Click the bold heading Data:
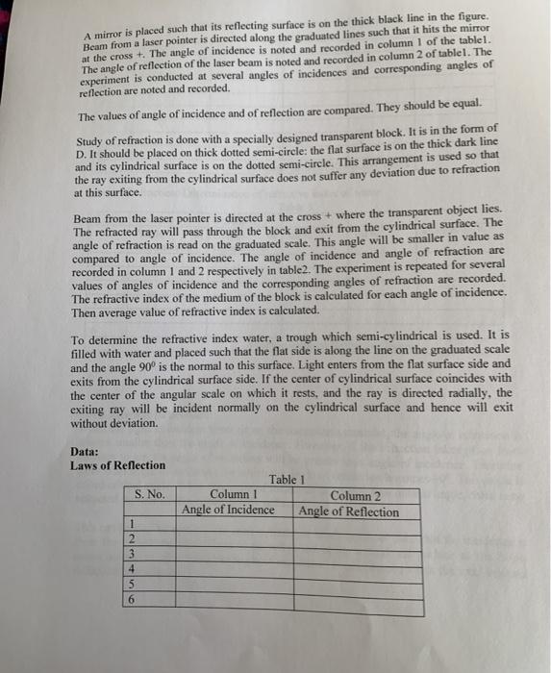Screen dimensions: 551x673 (x=87, y=452)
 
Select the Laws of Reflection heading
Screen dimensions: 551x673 (x=117, y=466)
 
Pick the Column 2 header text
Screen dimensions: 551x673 (x=355, y=496)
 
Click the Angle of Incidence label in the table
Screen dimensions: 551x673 (x=228, y=510)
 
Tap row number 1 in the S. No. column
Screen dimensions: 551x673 (x=132, y=524)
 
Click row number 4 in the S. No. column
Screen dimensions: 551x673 (x=132, y=567)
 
